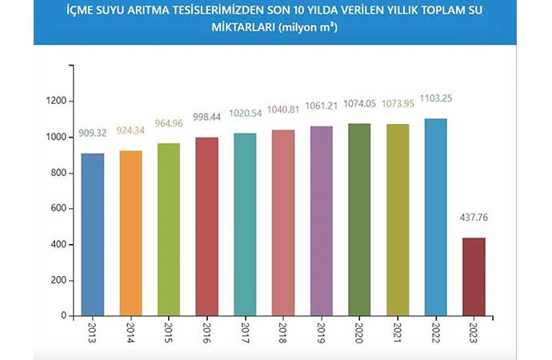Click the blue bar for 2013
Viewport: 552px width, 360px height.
pyautogui.click(x=92, y=234)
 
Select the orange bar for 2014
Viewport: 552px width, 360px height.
pyautogui.click(x=130, y=233)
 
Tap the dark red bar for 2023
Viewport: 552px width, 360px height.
pyautogui.click(x=474, y=276)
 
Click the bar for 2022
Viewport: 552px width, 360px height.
pyautogui.click(x=435, y=217)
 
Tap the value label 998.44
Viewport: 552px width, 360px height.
pyautogui.click(x=206, y=126)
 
